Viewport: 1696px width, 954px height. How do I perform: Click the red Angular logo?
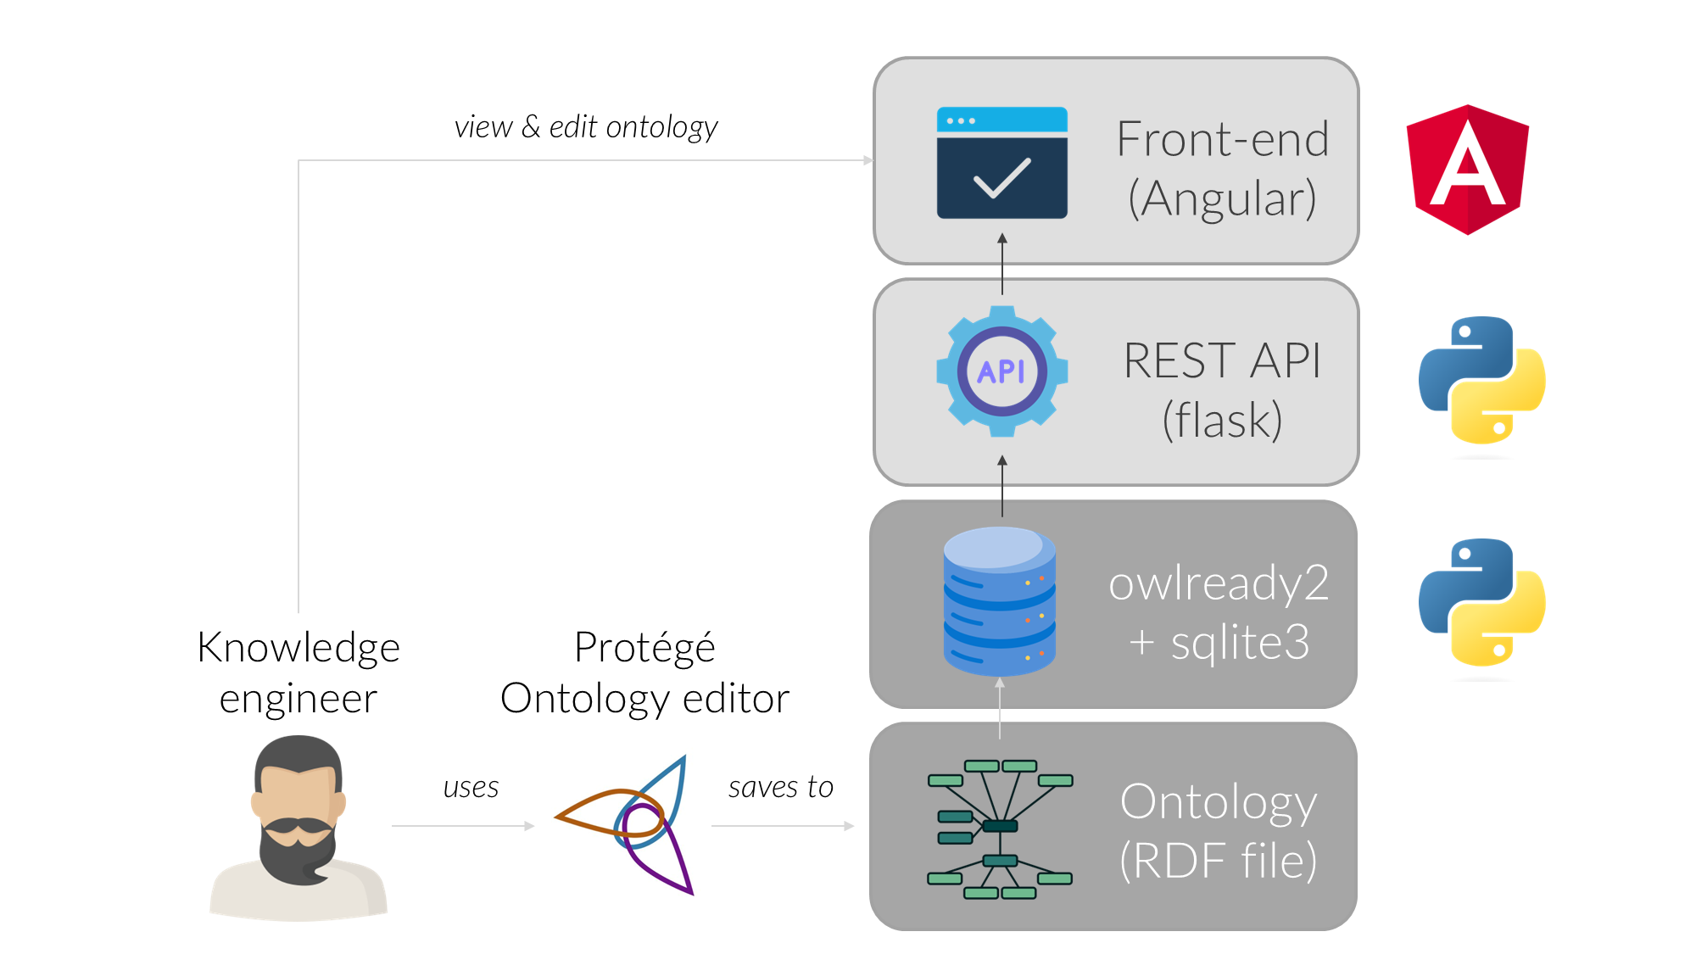click(x=1467, y=169)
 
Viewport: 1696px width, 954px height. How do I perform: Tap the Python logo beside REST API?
click(x=1481, y=380)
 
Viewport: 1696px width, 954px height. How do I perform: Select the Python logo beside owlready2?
click(x=1481, y=602)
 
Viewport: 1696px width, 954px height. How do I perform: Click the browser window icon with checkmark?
click(x=1001, y=163)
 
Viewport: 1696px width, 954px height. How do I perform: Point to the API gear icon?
click(x=1001, y=371)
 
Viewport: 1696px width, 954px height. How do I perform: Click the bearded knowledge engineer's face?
click(x=298, y=806)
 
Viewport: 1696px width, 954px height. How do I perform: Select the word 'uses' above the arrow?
click(x=471, y=788)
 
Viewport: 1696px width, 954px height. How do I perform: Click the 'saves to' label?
click(x=780, y=788)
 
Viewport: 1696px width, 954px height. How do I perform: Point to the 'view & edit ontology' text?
click(x=586, y=127)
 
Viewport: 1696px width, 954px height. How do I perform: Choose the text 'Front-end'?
click(x=1222, y=139)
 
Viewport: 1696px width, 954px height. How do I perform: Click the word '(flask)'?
click(x=1222, y=420)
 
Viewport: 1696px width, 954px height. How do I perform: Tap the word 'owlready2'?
click(x=1219, y=583)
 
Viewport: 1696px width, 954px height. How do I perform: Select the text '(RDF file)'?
click(x=1219, y=861)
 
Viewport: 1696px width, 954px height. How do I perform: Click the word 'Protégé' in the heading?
click(x=644, y=648)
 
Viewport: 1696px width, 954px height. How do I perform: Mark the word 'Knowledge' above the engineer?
click(x=298, y=648)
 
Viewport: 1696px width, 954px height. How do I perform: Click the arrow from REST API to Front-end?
click(x=1002, y=264)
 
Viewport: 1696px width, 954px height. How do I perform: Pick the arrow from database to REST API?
click(x=1002, y=486)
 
